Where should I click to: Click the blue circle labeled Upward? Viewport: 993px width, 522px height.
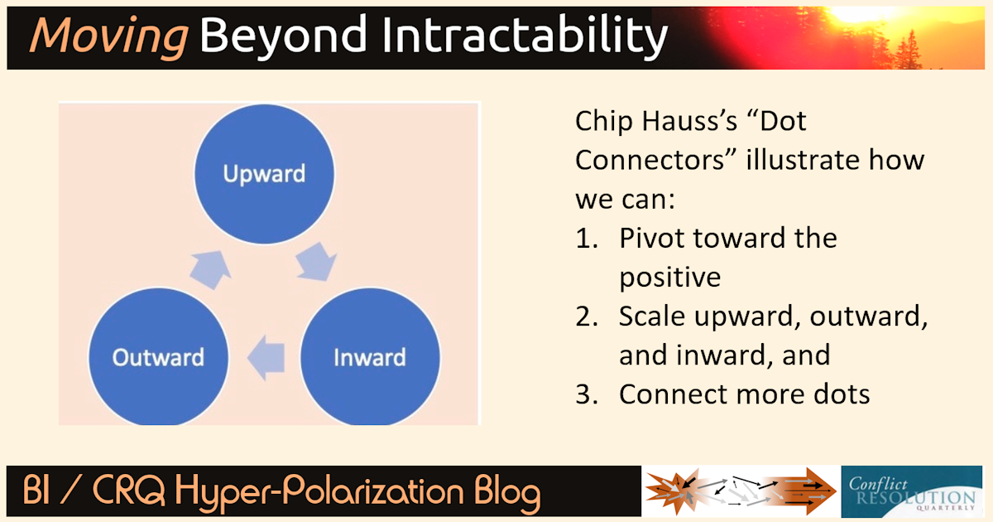coord(264,173)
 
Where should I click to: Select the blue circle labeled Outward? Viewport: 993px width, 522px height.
coord(158,357)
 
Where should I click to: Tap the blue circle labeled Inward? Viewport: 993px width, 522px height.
coord(369,357)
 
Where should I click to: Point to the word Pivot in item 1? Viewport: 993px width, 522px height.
coord(652,239)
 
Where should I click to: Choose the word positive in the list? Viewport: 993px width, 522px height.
coord(669,277)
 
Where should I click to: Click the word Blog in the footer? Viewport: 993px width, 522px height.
coord(498,493)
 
